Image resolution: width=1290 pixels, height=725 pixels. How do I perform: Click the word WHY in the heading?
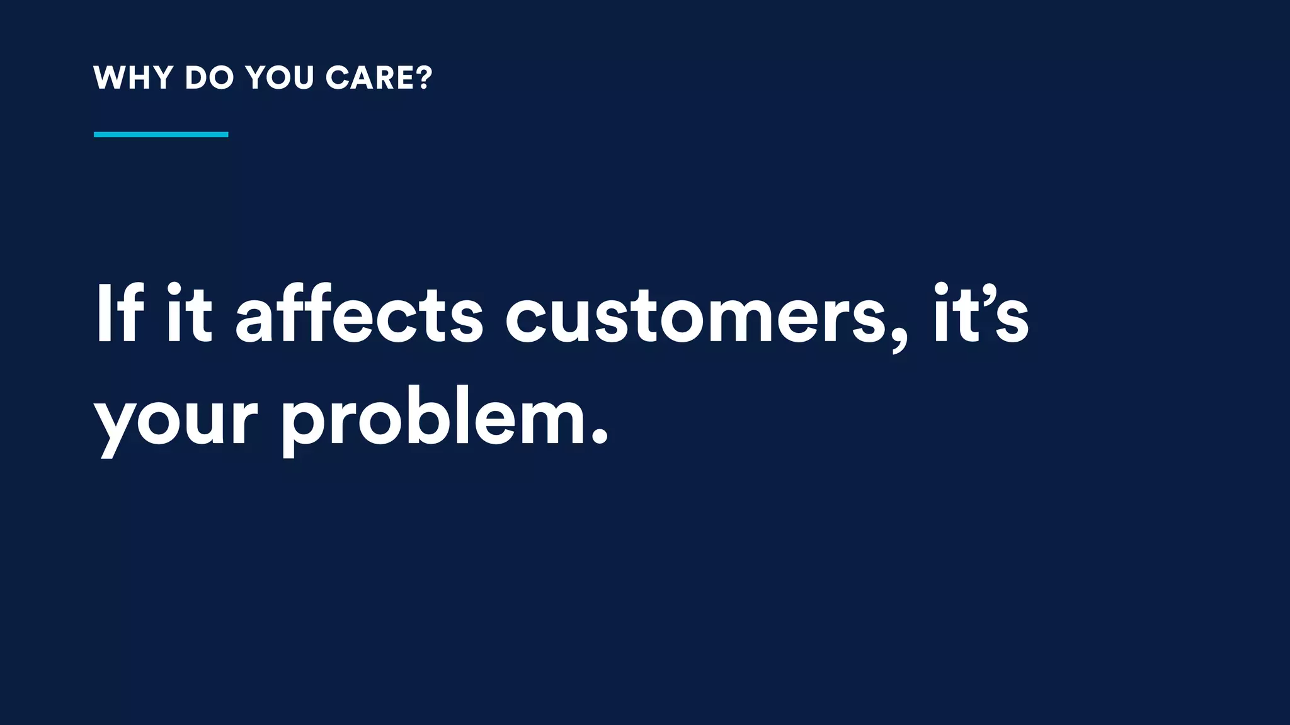tap(133, 78)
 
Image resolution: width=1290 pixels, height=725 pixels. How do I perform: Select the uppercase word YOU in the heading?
tap(280, 78)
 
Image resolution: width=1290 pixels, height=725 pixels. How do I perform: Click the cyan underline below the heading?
tap(161, 134)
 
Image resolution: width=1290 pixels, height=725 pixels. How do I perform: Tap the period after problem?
tap(600, 437)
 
